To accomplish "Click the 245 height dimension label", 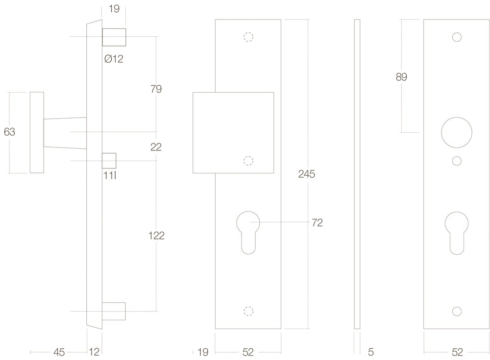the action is click(307, 174).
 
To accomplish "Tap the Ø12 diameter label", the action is click(114, 59).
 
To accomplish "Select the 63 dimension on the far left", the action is click(9, 132).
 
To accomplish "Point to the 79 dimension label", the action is click(156, 89).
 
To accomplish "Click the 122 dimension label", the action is click(156, 236).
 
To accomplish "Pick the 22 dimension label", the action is click(156, 147).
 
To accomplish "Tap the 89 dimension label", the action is click(401, 77).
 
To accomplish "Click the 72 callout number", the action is click(317, 223).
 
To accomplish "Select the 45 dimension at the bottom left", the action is click(59, 353).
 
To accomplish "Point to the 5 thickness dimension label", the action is click(371, 353).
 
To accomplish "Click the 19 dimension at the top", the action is click(114, 9).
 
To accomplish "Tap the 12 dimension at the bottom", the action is click(94, 353).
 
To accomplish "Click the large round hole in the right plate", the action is click(457, 132).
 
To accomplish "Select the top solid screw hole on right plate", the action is click(457, 37).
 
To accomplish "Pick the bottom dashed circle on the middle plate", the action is click(248, 311).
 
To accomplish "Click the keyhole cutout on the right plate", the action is click(457, 233).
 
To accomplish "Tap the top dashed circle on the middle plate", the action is click(248, 37).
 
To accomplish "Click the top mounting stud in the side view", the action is click(114, 37).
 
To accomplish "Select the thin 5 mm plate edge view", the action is click(357, 174).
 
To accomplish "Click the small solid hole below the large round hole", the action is click(457, 161).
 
